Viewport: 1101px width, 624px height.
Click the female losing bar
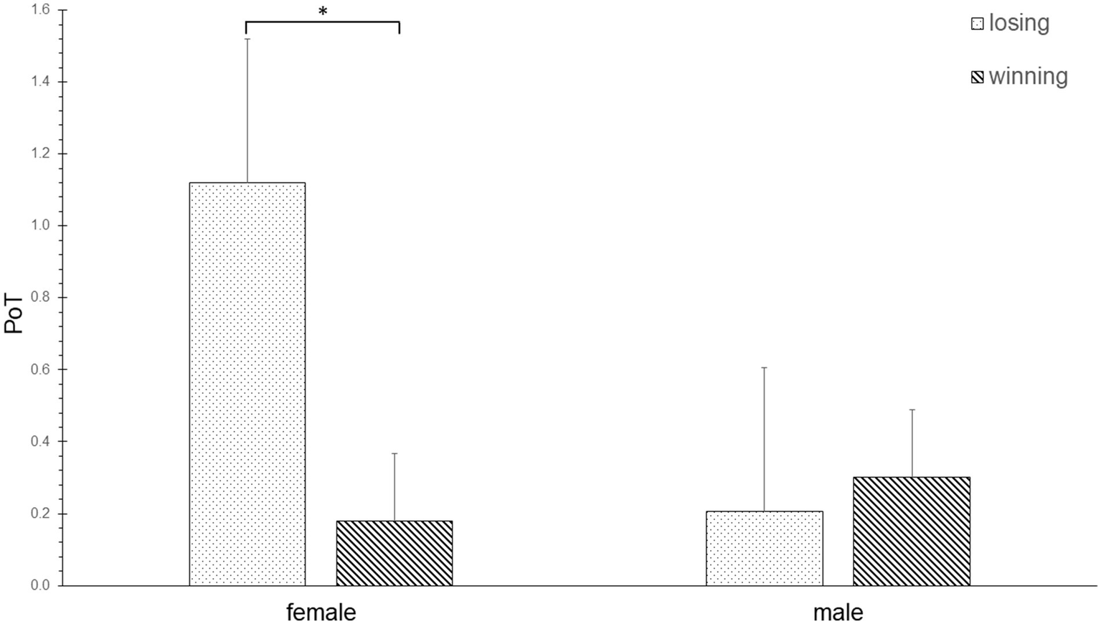(x=247, y=384)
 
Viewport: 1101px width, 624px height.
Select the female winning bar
(x=394, y=553)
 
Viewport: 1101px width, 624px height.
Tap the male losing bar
(x=765, y=548)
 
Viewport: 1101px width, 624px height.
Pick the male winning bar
(x=912, y=531)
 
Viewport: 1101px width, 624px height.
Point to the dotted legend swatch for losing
(x=977, y=24)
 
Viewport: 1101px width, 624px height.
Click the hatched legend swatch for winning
(x=977, y=77)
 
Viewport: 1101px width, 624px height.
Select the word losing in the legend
(x=1019, y=23)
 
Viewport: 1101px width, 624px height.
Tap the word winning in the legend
(x=1029, y=77)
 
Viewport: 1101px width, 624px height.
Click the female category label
(x=321, y=613)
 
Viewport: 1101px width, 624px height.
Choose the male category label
(x=838, y=613)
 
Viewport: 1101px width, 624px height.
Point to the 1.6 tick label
(x=39, y=10)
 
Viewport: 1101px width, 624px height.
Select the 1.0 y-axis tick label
(x=39, y=226)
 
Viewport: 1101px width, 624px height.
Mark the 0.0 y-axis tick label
(x=39, y=585)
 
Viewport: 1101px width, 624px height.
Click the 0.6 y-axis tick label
(x=39, y=369)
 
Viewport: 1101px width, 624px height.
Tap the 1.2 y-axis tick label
(x=39, y=153)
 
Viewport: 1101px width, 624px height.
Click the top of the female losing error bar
(x=247, y=39)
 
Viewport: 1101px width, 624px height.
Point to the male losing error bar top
(x=765, y=367)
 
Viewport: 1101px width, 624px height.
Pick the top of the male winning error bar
(x=912, y=410)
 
